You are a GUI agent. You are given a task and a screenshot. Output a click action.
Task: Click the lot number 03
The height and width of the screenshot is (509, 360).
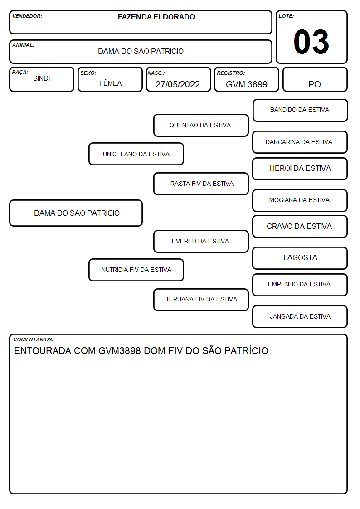pos(311,42)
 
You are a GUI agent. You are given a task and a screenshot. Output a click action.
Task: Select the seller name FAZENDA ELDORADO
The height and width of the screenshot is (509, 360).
pos(156,17)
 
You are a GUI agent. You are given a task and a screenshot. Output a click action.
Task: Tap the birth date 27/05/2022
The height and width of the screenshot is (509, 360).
pos(178,84)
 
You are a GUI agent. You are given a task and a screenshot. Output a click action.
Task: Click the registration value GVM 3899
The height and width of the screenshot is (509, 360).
pos(247,84)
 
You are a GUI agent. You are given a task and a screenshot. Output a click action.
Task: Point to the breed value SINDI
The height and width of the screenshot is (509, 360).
pos(42,78)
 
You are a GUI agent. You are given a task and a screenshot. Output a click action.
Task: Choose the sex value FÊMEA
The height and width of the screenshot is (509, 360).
pos(110,83)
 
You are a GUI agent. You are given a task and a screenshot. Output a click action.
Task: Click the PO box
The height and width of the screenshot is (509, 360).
pos(315,79)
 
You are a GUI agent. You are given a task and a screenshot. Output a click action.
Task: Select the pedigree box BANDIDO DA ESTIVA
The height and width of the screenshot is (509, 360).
pos(300,111)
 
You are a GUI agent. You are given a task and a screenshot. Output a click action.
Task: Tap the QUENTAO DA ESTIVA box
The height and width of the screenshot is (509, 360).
pos(201,125)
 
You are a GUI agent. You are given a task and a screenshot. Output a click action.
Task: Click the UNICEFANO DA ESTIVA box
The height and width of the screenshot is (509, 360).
pos(136,154)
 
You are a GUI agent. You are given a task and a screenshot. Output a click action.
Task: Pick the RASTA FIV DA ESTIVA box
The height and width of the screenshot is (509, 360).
pos(201,184)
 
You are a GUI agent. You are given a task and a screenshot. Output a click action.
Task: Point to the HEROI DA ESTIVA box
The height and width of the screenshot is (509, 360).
pos(300,169)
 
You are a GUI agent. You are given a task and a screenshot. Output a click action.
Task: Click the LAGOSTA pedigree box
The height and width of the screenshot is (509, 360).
pos(300,258)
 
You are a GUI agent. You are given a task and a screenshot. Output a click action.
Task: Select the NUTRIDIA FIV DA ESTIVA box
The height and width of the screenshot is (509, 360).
pos(136,270)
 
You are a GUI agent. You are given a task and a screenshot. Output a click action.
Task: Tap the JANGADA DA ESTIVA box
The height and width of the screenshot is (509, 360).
pos(300,316)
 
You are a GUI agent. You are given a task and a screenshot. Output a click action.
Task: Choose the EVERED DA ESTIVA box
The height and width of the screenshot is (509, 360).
pos(201,241)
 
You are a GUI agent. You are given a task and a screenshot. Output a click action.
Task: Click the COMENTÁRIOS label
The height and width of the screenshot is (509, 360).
pos(34,339)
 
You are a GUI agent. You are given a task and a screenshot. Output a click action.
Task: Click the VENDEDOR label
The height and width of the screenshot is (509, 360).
pos(27,16)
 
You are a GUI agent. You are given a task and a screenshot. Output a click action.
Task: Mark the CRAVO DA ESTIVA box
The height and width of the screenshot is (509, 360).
pos(300,227)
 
